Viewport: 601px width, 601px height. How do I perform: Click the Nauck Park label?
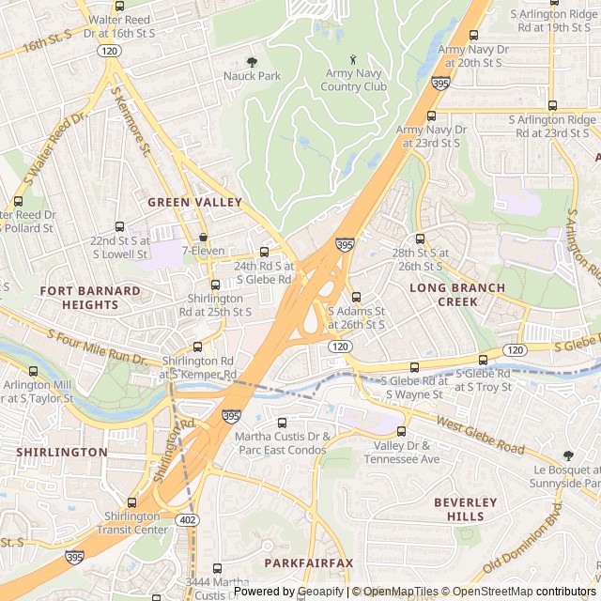coord(251,75)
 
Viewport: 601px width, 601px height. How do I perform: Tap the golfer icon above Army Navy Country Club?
coord(353,59)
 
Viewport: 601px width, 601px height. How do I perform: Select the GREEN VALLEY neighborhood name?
coord(194,202)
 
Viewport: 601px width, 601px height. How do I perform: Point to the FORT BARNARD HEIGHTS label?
coord(91,298)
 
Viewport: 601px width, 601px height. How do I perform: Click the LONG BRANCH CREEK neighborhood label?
coord(456,295)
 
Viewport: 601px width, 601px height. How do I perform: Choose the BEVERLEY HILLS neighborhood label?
coord(465,510)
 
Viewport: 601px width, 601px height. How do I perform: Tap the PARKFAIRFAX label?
coord(308,562)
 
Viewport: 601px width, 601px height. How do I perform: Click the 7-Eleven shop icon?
coord(203,238)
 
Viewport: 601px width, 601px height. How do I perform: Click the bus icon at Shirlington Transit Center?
coord(131,502)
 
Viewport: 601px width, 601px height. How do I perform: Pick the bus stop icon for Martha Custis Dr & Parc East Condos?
coord(283,423)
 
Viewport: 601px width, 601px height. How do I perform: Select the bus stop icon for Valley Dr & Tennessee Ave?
coord(401,431)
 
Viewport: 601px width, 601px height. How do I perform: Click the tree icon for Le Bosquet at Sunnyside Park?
coord(567,455)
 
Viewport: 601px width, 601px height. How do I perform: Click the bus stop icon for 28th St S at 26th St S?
coord(420,239)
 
